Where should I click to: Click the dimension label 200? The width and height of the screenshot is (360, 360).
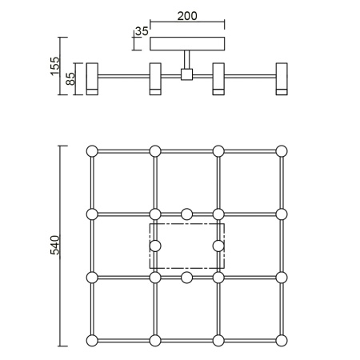[x=188, y=15]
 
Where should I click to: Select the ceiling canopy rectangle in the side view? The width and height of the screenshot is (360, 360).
[x=188, y=44]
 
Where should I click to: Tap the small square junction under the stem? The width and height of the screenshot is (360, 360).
[x=187, y=74]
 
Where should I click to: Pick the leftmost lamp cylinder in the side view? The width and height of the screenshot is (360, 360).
[x=91, y=78]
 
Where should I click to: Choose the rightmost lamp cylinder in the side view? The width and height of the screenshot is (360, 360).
[x=282, y=78]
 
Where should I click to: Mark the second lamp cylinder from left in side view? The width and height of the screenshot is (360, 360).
[x=155, y=78]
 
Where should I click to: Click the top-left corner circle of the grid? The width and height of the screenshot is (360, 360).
[x=91, y=150]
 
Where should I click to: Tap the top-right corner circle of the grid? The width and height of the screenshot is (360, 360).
[x=282, y=150]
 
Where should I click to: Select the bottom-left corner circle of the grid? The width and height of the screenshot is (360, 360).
[x=91, y=341]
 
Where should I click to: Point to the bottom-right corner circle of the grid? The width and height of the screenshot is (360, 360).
[x=282, y=341]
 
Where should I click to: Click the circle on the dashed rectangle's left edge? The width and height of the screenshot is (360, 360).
[x=155, y=246]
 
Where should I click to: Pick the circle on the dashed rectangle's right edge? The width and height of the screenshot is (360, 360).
[x=218, y=246]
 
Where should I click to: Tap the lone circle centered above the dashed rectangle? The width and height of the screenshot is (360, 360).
[x=186, y=214]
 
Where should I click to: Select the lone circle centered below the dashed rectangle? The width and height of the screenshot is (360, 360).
[x=186, y=278]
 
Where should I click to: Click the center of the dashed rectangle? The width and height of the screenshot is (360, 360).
[x=187, y=246]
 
